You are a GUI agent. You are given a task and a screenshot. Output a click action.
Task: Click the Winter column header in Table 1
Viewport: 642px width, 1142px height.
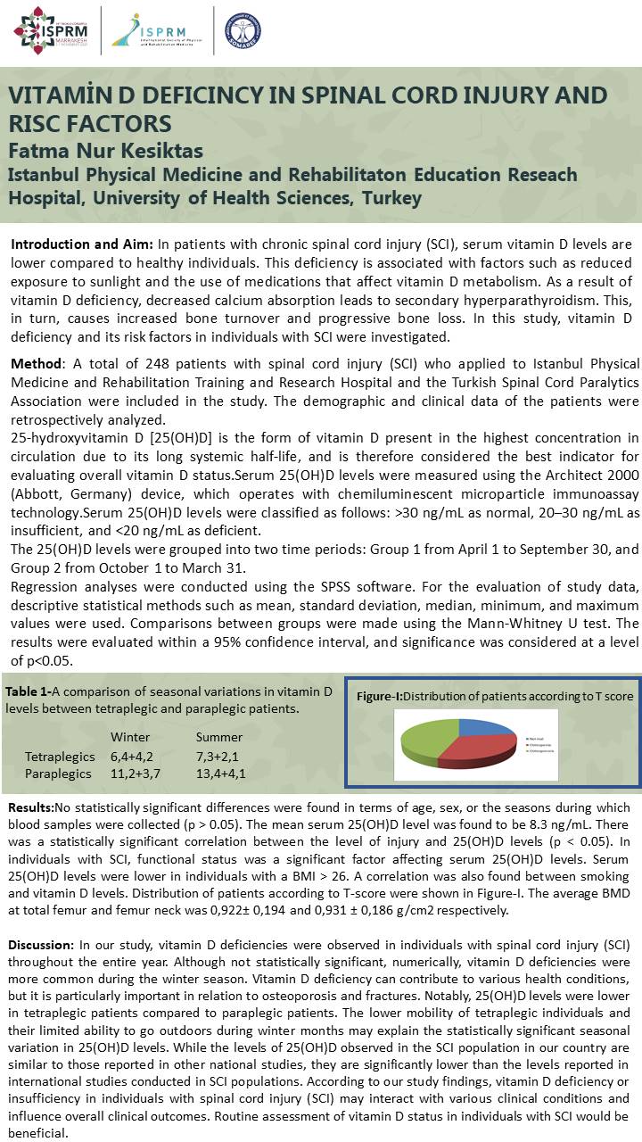click(130, 737)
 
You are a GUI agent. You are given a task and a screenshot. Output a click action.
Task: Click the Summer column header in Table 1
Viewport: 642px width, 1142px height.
click(219, 737)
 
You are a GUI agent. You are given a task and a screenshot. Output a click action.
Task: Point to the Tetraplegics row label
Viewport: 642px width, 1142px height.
click(60, 757)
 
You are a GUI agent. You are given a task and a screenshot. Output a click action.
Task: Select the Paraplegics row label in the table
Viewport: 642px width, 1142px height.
click(58, 774)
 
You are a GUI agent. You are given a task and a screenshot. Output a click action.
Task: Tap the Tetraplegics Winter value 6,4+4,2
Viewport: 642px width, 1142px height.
click(135, 757)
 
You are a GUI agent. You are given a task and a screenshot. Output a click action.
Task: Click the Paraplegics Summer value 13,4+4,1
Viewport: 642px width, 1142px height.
click(221, 774)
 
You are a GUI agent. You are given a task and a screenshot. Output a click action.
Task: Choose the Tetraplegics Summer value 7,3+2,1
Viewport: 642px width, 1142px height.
click(219, 757)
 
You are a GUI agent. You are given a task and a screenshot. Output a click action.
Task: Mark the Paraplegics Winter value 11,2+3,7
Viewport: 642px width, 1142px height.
click(136, 774)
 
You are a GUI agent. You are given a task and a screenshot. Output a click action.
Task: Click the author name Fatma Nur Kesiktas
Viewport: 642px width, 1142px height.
click(106, 149)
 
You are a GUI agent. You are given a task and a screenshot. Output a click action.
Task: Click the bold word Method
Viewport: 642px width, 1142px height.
click(36, 364)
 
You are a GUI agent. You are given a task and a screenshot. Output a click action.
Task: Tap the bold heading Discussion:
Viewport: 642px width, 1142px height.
click(41, 944)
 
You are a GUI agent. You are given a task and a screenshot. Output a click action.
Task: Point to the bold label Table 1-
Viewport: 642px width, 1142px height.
click(28, 691)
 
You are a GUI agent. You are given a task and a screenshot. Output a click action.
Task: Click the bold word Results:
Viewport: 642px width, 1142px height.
click(31, 807)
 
